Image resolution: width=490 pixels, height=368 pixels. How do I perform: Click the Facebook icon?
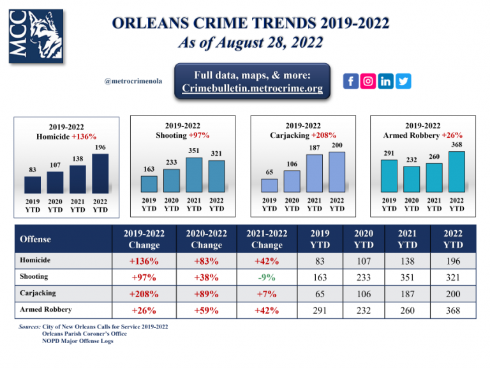point(350,81)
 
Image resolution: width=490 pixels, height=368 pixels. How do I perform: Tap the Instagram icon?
point(368,81)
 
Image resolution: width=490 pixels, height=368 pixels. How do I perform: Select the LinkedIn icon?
point(386,81)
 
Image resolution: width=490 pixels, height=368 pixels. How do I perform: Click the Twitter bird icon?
point(404,81)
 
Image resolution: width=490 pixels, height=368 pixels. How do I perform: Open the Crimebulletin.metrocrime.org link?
point(253,88)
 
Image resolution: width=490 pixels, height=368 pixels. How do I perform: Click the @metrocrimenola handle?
point(134,82)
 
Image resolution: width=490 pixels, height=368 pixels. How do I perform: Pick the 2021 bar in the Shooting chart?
point(194,174)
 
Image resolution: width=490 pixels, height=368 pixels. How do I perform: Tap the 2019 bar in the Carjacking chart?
point(269,185)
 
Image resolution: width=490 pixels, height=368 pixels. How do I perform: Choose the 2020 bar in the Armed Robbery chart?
point(412,179)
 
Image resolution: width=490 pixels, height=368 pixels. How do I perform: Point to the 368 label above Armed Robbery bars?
point(456,145)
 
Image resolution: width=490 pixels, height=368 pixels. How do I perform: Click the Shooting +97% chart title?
point(182,131)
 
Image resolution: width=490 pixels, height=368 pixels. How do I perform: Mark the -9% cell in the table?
point(267,277)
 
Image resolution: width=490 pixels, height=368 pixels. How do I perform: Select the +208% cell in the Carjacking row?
point(144,294)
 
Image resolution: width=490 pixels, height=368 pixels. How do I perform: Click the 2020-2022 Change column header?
point(206,239)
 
